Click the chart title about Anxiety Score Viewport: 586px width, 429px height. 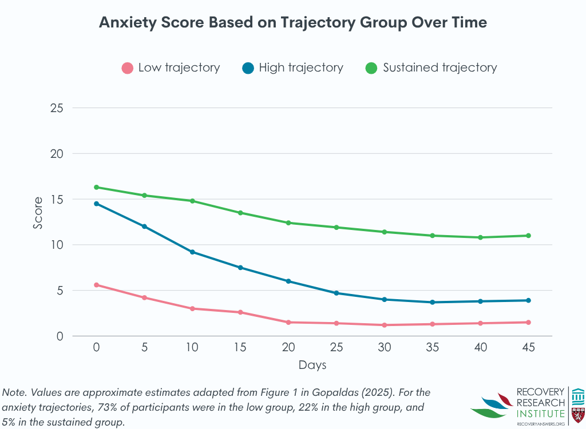point(293,22)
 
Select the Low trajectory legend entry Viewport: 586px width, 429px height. point(171,67)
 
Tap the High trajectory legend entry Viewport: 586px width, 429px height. point(292,67)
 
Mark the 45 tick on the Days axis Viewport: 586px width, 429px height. point(528,347)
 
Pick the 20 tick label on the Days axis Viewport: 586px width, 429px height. point(288,347)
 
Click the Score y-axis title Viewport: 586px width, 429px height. point(38,213)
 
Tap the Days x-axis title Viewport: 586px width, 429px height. point(312,364)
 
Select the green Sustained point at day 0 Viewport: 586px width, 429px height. point(96,187)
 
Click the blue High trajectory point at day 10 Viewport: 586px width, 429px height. point(192,252)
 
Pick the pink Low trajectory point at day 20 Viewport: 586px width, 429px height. point(288,322)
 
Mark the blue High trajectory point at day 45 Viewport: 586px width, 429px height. point(528,300)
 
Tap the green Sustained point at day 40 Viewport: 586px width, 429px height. point(480,237)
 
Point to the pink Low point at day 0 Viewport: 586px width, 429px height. point(96,285)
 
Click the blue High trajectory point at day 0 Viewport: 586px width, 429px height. point(96,204)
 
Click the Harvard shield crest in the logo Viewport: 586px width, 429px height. point(578,414)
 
